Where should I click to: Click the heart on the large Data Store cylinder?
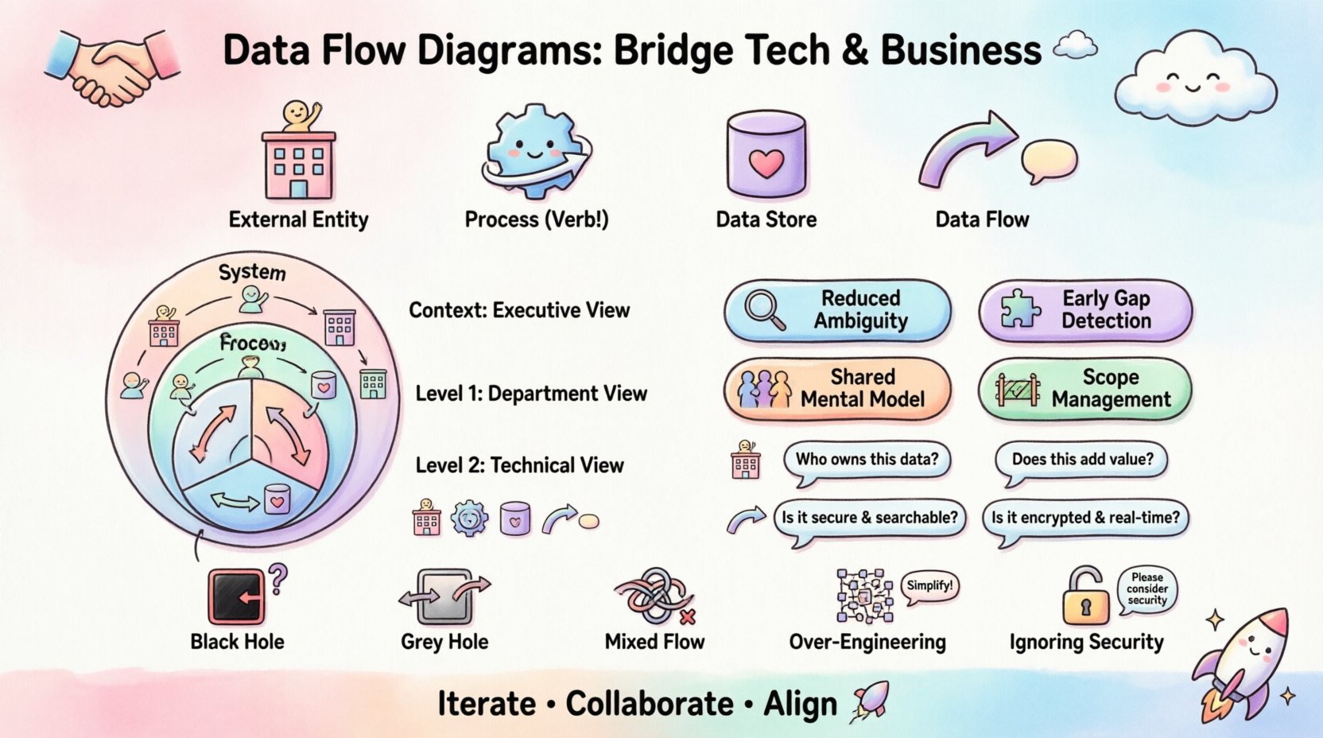(766, 164)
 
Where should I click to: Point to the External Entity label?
(298, 219)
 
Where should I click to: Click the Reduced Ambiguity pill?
(837, 309)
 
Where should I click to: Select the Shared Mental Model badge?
(837, 388)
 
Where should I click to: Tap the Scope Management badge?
(1085, 388)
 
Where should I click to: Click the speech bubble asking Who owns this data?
(867, 460)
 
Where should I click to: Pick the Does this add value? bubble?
(1082, 460)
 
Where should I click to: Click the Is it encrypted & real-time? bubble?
(1085, 518)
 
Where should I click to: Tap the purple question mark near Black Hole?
(277, 578)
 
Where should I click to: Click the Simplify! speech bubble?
(929, 586)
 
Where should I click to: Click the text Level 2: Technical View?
(519, 465)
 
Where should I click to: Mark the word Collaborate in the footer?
(649, 704)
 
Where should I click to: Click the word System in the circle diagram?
(252, 272)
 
